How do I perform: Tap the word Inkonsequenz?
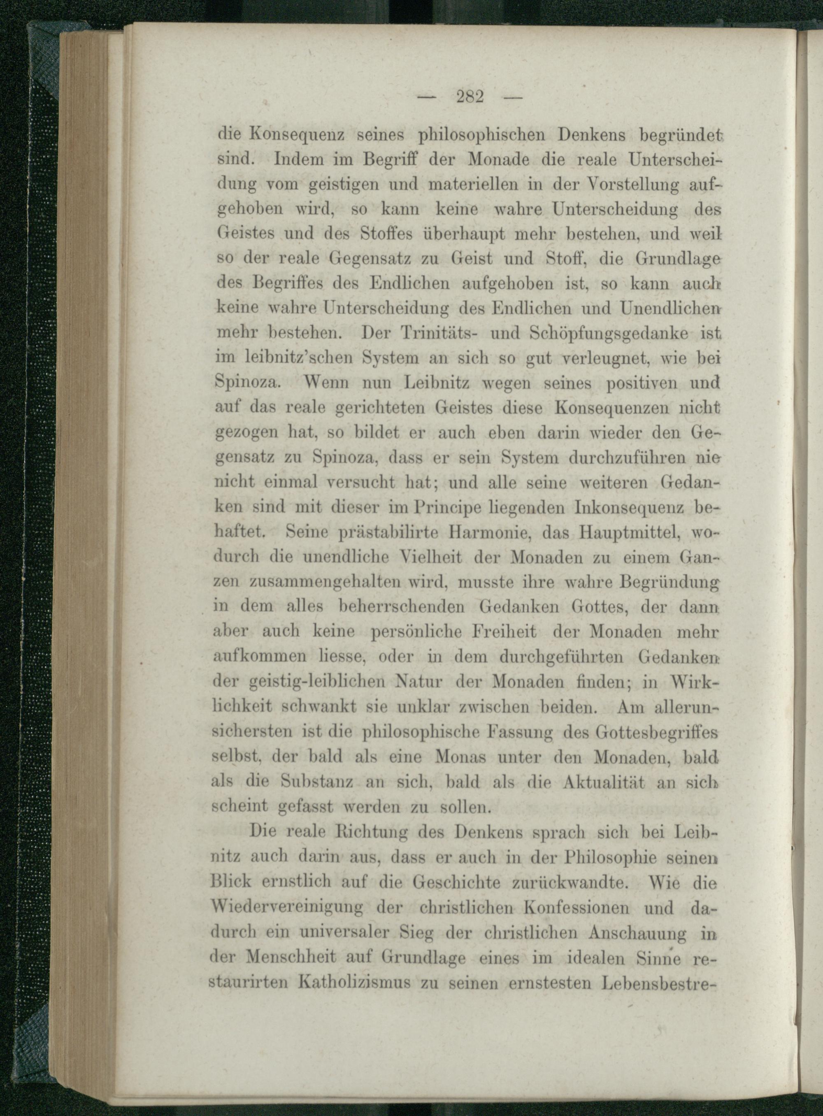[x=631, y=507]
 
